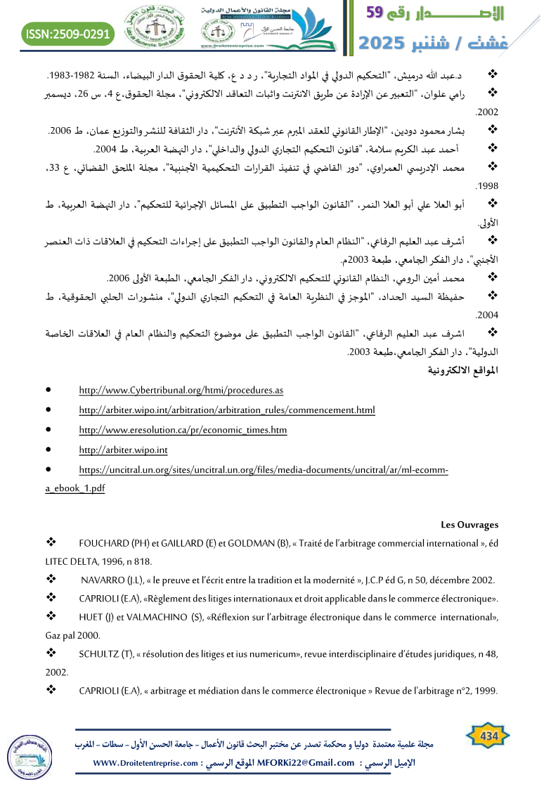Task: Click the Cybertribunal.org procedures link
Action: (x=181, y=390)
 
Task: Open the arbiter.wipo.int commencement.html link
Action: (x=227, y=410)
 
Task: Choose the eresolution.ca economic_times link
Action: (x=183, y=429)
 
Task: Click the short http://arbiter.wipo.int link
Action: (x=123, y=450)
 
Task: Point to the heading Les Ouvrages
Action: (x=469, y=524)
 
